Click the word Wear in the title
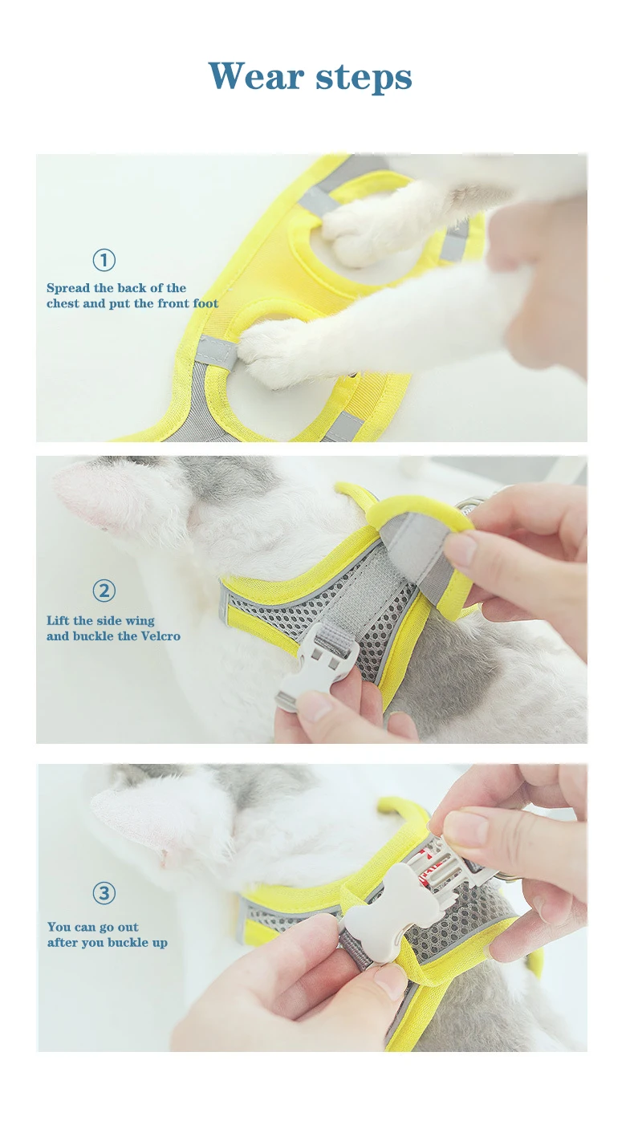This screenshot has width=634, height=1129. coord(257,76)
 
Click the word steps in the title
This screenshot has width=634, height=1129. coord(364,79)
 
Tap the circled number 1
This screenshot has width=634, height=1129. coord(104,260)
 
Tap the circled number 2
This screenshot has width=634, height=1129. coord(104,591)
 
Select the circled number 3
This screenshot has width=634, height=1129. coord(104,893)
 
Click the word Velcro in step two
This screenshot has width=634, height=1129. coord(161,636)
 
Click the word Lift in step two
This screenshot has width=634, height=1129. coord(57,620)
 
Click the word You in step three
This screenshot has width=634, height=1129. coord(59,927)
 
